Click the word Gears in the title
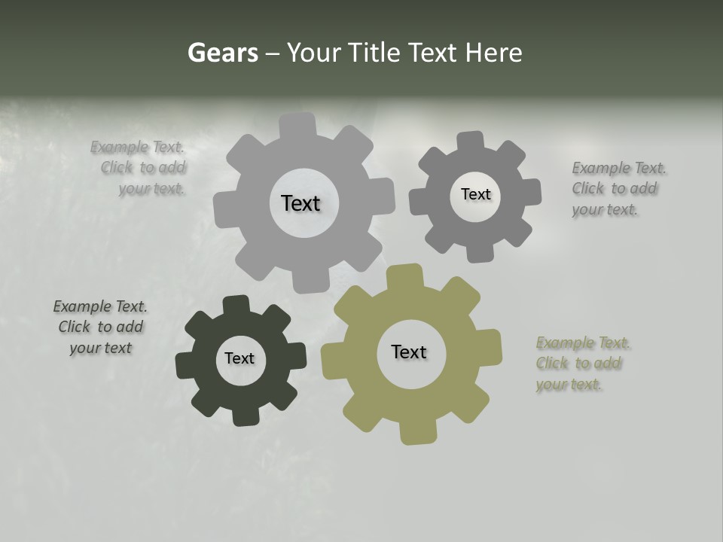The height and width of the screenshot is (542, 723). coord(222,53)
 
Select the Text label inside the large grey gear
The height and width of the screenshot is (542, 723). coord(300,203)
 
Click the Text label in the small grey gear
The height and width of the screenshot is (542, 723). coord(475,194)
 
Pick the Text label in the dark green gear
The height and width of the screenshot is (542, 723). coord(239,358)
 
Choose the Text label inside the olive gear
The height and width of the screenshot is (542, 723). coord(409,352)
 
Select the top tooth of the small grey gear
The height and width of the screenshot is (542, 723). coord(471,142)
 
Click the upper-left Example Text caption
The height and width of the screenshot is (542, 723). coord(139,168)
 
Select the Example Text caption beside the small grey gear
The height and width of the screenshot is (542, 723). coord(618,188)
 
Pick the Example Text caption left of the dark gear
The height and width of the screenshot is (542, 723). coord(100,327)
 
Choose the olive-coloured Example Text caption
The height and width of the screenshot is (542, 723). coord(582,363)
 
